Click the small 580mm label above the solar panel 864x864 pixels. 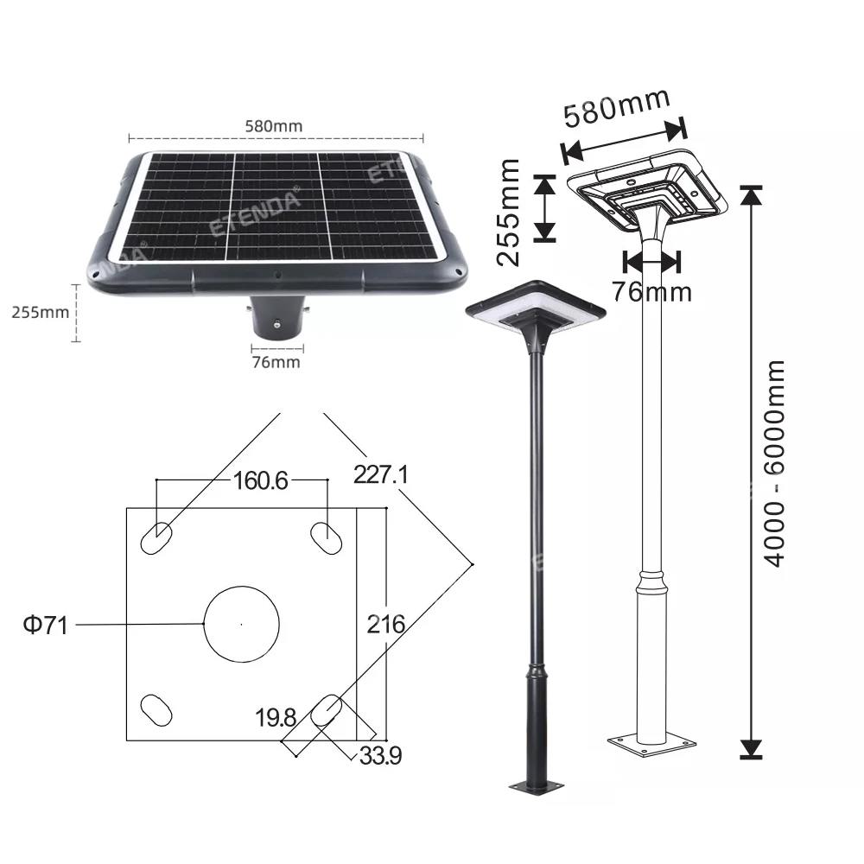[x=276, y=125]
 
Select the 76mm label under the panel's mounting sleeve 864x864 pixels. [x=276, y=362]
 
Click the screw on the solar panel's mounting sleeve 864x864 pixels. [x=276, y=324]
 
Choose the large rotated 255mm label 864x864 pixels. [x=511, y=211]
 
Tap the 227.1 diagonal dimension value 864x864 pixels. [x=380, y=473]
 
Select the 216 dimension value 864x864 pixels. [x=384, y=624]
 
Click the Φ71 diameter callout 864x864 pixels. [x=45, y=625]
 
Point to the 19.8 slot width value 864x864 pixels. [x=276, y=717]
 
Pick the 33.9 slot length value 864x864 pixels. [x=381, y=756]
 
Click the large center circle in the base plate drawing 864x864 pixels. [x=241, y=623]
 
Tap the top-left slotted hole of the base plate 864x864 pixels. [x=156, y=537]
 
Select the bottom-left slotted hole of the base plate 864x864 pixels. [x=156, y=710]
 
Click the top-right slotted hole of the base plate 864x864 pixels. [x=327, y=537]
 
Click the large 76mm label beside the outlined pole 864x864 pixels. [x=652, y=292]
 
